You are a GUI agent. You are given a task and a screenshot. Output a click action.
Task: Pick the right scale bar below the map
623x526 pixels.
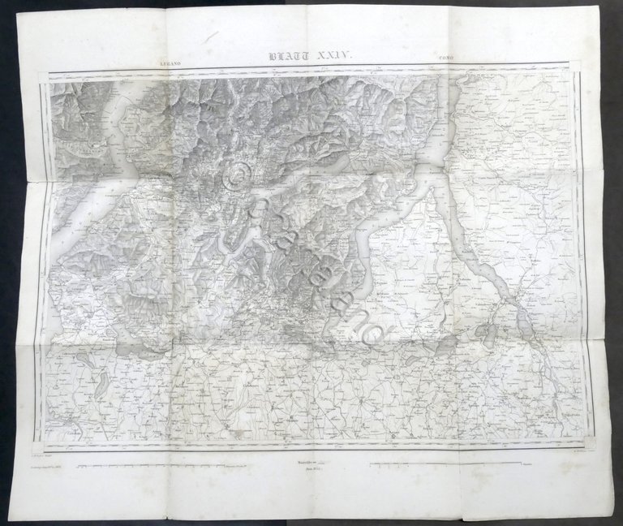pos(446,466)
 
